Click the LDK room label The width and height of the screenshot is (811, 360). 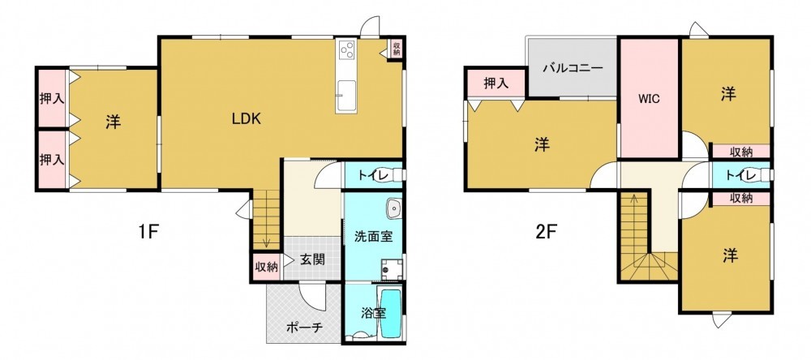[x=246, y=119]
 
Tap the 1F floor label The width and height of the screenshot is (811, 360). [x=148, y=232]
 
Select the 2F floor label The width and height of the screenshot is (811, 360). [x=546, y=232]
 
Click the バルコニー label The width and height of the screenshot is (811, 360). [x=573, y=68]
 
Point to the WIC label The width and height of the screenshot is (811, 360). [x=649, y=99]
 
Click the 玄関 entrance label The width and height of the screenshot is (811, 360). [x=312, y=259]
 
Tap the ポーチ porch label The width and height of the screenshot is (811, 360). [x=304, y=327]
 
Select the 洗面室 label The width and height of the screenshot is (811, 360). [x=373, y=237]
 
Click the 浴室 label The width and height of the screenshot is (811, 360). [x=373, y=313]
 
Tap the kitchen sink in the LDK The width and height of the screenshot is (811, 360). [x=345, y=96]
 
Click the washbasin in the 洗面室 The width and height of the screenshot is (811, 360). [x=394, y=208]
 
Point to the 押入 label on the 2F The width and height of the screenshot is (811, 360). [x=496, y=83]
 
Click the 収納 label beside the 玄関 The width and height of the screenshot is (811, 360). [x=266, y=267]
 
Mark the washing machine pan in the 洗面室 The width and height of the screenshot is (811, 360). [x=391, y=268]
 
